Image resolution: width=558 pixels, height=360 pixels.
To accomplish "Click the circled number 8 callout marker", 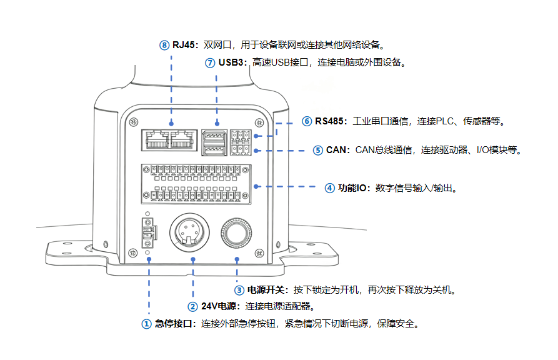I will click(x=164, y=45).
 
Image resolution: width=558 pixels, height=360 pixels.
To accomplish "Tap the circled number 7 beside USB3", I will click(x=210, y=62).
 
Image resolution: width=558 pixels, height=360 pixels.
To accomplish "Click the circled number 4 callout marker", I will click(x=329, y=187).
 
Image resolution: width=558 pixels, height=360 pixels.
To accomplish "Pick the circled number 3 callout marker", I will click(x=239, y=290).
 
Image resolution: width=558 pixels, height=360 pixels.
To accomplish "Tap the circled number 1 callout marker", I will click(x=146, y=324).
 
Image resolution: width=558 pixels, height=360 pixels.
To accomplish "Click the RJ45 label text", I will click(x=185, y=45).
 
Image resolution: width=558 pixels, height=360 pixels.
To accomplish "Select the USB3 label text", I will click(x=232, y=62).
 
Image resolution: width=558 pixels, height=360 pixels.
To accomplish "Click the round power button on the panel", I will click(x=237, y=233).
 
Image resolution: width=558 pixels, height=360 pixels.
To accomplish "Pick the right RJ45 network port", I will click(x=182, y=139).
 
